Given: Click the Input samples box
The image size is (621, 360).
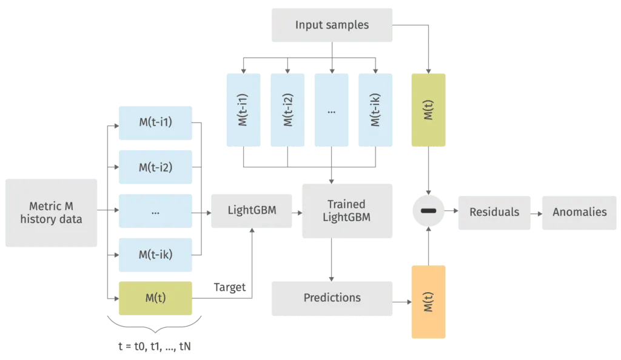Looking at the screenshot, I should (332, 25).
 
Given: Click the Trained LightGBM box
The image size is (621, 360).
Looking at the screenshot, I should (346, 211).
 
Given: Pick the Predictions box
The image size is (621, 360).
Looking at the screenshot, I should (332, 298).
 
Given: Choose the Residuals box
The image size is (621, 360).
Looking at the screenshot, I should (494, 212).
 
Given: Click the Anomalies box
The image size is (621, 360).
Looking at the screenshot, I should (579, 212).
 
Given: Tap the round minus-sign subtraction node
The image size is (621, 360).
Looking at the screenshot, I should (429, 212).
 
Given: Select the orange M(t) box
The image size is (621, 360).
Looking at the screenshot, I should (429, 301).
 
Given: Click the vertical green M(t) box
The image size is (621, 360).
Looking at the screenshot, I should (429, 110).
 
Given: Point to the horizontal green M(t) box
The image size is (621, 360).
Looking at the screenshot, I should (156, 298).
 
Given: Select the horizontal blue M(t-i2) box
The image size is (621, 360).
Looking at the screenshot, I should (156, 167).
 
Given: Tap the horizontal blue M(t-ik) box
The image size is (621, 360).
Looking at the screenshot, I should (156, 254).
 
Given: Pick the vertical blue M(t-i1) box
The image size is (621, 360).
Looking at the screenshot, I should (243, 111).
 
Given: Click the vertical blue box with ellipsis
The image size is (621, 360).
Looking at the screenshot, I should (331, 111).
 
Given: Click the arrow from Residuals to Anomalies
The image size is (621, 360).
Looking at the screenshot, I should (536, 212).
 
